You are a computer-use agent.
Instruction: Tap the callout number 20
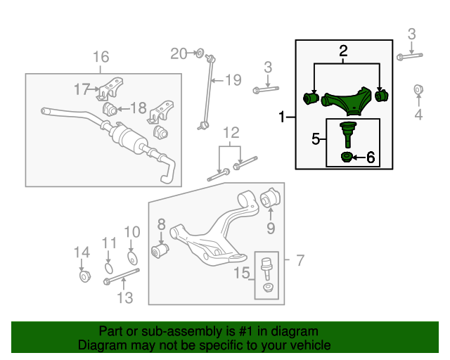[x=179, y=53]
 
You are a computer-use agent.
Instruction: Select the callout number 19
[x=233, y=79]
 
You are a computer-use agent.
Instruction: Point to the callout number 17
[x=83, y=89]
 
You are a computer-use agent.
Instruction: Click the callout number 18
[x=137, y=108]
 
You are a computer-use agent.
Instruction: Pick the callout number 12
[x=231, y=132]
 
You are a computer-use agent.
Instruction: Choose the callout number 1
[x=283, y=117]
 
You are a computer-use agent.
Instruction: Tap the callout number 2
[x=343, y=50]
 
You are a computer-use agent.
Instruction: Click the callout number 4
[x=418, y=115]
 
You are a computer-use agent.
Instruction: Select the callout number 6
[x=371, y=158]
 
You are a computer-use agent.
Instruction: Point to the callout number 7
[x=300, y=261]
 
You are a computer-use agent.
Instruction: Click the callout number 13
[x=124, y=297]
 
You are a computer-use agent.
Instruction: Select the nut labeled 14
[x=83, y=276]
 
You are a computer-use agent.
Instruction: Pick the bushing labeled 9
[x=271, y=198]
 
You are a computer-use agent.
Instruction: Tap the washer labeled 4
[x=418, y=89]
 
